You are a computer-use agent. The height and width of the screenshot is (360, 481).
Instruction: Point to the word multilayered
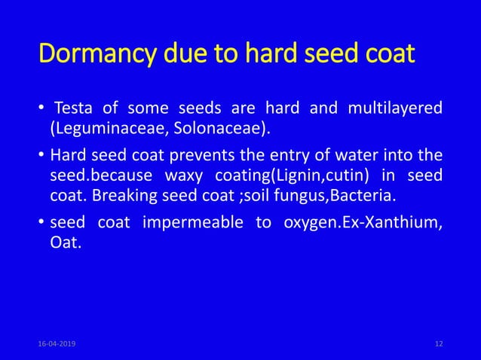pyautogui.click(x=395, y=108)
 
